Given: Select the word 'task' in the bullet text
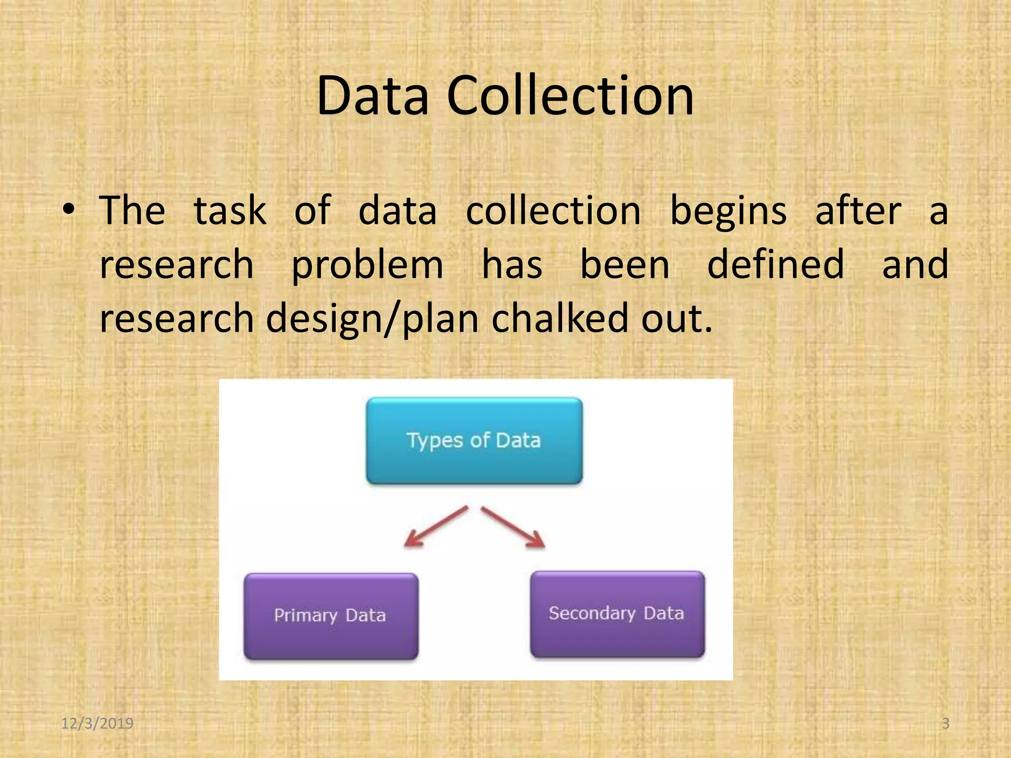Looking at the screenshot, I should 230,211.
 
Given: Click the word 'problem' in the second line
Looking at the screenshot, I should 367,265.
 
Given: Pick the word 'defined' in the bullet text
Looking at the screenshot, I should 776,265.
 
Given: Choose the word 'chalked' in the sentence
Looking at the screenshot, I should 560,318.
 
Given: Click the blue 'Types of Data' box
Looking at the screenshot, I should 474,440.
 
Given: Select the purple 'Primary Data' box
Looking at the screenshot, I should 331,615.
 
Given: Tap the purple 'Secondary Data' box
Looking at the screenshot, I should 617,613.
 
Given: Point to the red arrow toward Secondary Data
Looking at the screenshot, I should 514,527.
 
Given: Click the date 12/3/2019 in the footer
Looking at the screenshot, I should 97,723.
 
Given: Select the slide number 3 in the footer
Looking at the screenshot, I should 945,723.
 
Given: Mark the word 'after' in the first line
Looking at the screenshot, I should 858,211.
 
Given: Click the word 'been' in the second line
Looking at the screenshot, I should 624,265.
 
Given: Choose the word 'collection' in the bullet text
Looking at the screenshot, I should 553,211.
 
